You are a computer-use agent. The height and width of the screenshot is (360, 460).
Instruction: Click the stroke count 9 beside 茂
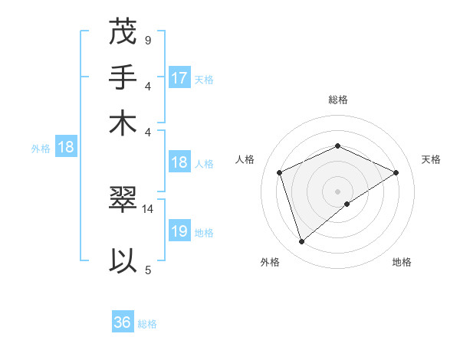coord(147,40)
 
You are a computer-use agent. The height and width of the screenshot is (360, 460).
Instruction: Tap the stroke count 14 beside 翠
coord(148,208)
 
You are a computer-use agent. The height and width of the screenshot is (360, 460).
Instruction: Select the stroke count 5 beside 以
coord(147,270)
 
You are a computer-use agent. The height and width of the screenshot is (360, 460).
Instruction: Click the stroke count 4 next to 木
coord(147,130)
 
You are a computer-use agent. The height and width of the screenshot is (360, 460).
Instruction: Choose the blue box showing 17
coord(179,78)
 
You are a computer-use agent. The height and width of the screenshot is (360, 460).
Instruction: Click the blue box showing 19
coord(179,231)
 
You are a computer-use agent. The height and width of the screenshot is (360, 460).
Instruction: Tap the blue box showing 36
coord(123,322)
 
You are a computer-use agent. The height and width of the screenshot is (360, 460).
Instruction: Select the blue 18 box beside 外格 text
coord(66,148)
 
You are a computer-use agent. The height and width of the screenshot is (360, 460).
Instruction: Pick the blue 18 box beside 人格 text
coord(179,162)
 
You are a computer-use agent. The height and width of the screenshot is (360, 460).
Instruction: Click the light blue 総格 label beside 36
coord(147,323)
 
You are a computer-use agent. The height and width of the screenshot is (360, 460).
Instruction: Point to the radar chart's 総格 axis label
coord(337,100)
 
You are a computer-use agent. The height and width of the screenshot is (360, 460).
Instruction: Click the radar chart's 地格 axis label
coord(402,263)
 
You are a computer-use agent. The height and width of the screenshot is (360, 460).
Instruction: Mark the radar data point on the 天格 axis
coord(396,172)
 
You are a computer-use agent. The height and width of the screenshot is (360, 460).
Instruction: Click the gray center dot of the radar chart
coord(337,191)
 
